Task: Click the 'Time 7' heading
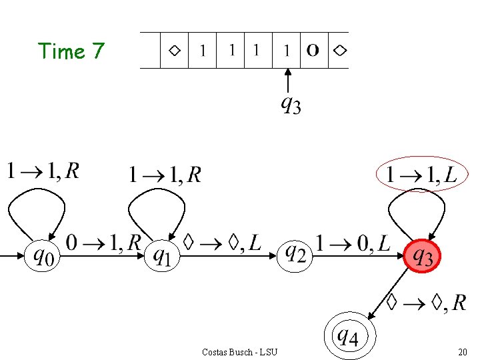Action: click(71, 51)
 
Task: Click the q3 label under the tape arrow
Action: click(290, 104)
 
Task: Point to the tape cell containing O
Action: click(313, 50)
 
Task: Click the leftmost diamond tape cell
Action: click(175, 50)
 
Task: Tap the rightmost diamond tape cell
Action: click(339, 50)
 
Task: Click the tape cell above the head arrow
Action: click(287, 50)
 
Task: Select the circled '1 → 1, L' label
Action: click(419, 175)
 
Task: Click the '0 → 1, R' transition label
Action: click(103, 243)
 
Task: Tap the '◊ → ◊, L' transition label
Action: click(222, 243)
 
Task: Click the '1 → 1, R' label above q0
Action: click(43, 171)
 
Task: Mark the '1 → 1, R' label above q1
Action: click(165, 175)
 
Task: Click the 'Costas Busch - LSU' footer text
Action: click(239, 351)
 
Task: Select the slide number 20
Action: click(462, 351)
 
